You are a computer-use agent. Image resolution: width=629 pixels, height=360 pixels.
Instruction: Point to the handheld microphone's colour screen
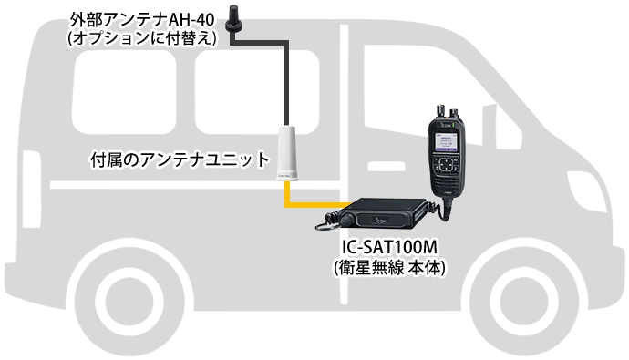tap(444, 144)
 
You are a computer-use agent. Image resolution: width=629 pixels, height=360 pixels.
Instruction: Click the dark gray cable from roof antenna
tap(288, 73)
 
